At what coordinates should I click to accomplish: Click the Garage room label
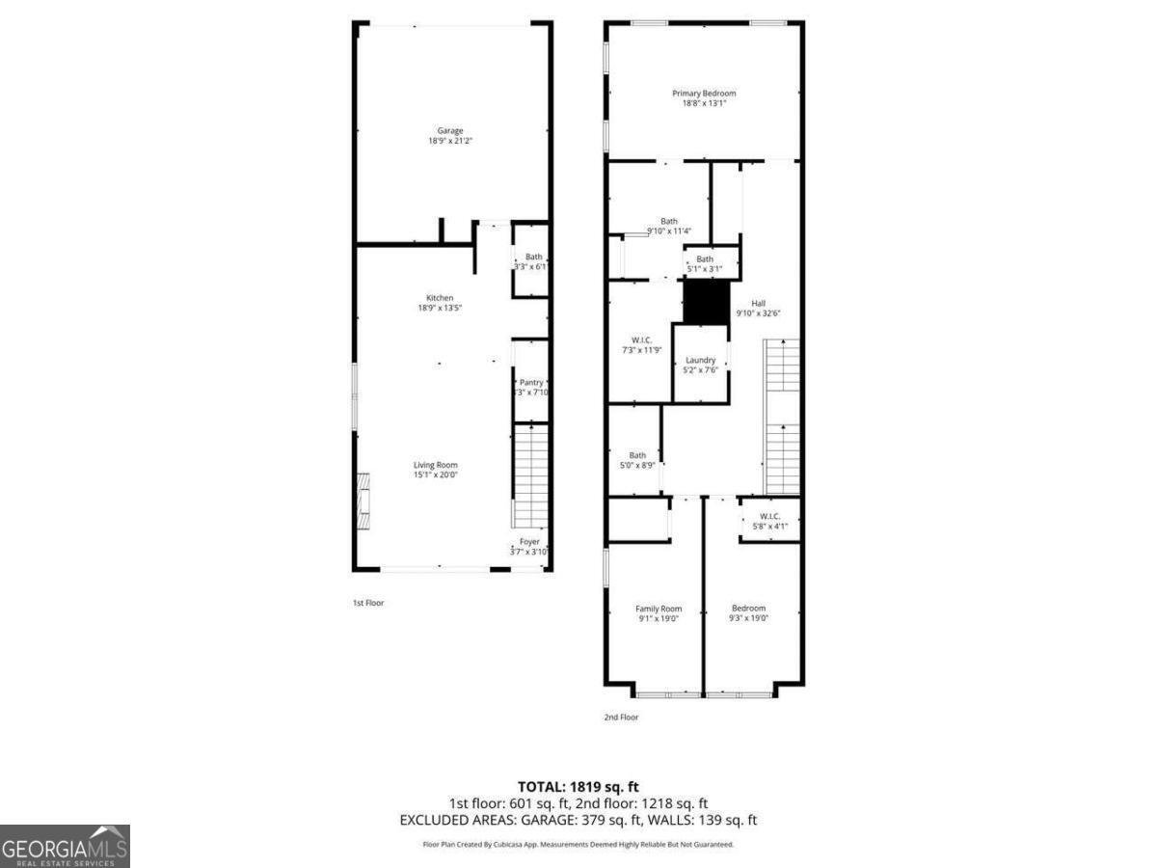click(450, 130)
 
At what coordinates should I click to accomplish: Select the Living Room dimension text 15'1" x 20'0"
click(435, 475)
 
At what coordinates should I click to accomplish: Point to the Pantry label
click(531, 383)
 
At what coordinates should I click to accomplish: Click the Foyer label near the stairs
click(529, 542)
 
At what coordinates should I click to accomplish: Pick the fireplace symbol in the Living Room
click(363, 501)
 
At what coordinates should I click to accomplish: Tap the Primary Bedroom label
click(704, 94)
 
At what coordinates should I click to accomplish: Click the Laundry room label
click(700, 360)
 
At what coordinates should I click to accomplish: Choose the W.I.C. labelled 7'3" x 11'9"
click(642, 340)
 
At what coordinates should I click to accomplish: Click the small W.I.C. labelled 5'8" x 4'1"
click(769, 516)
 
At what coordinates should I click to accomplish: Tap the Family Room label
click(659, 609)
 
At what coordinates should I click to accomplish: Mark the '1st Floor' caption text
click(367, 603)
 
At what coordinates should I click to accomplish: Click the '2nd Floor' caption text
click(622, 717)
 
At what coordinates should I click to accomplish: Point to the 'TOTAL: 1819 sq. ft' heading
click(578, 786)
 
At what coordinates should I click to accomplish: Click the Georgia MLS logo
click(65, 846)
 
